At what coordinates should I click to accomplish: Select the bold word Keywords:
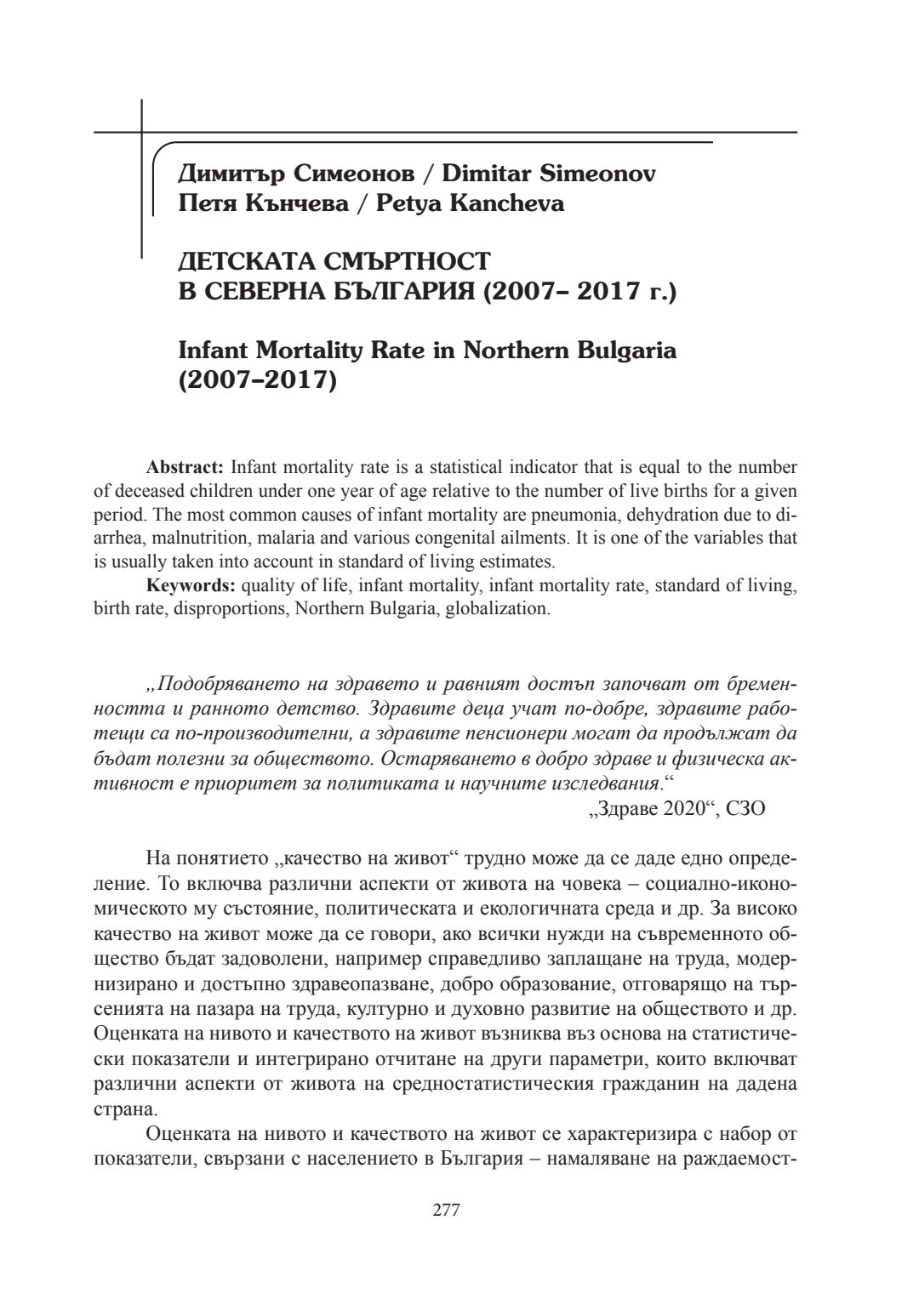[x=191, y=585]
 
